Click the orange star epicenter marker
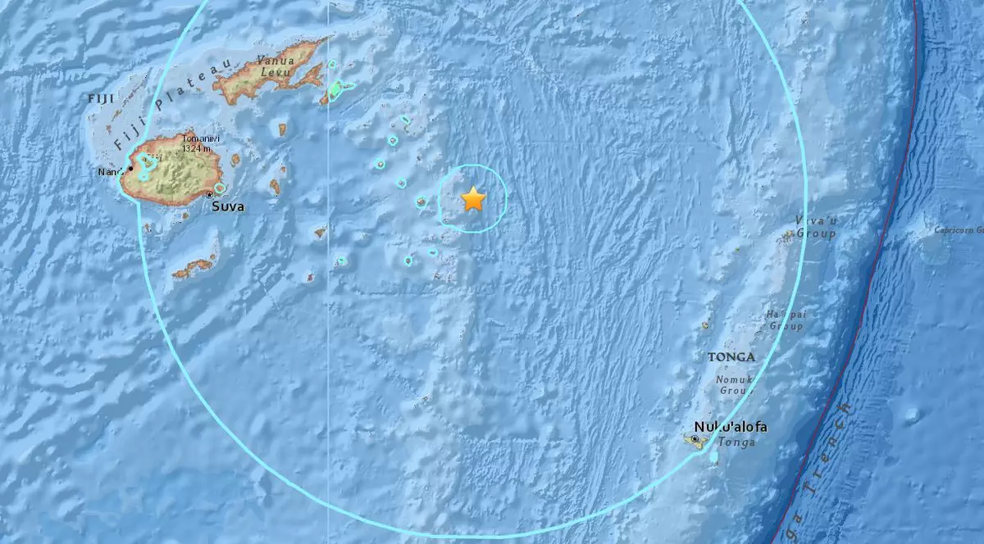pyautogui.click(x=473, y=199)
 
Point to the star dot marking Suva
pyautogui.click(x=211, y=194)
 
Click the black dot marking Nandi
pyautogui.click(x=130, y=167)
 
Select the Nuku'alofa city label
pyautogui.click(x=731, y=427)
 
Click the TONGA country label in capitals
pyautogui.click(x=731, y=357)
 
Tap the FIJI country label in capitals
pyautogui.click(x=100, y=98)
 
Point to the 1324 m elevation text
pyautogui.click(x=198, y=149)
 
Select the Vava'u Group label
pyautogui.click(x=815, y=227)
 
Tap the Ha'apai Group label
pyautogui.click(x=785, y=320)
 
